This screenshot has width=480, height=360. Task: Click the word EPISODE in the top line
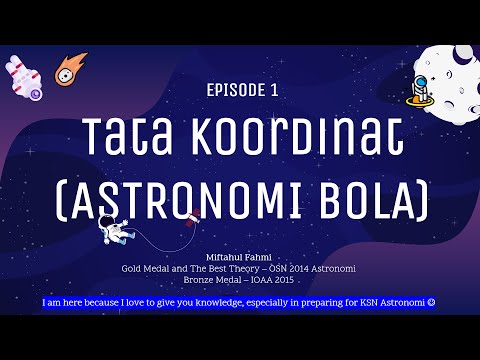(233, 90)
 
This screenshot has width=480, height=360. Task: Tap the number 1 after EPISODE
(273, 90)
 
